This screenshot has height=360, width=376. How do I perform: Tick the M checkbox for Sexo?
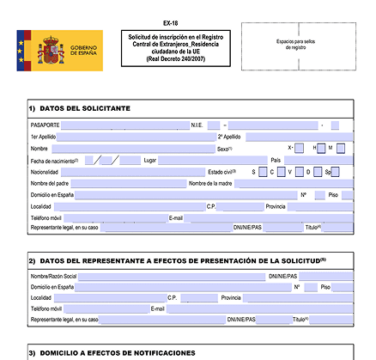coord(341,149)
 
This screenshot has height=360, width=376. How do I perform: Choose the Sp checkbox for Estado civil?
coord(335,172)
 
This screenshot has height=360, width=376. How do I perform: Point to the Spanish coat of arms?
coord(49,51)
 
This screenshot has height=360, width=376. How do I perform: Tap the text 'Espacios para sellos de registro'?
coord(298,45)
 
